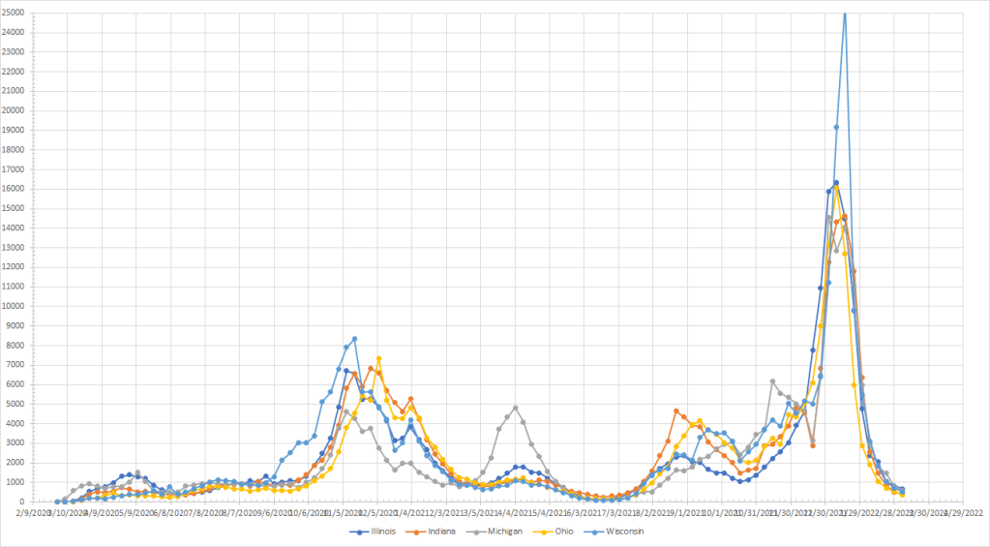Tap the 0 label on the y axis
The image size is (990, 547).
click(24, 501)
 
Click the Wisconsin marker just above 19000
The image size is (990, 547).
click(836, 127)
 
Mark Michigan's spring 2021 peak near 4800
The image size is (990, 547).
click(515, 408)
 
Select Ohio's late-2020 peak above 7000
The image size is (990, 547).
click(378, 359)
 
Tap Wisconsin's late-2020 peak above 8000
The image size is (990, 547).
click(354, 339)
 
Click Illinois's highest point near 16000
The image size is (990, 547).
click(836, 183)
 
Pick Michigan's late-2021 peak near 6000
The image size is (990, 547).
click(772, 381)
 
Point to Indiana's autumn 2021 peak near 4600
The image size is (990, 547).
click(676, 411)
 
